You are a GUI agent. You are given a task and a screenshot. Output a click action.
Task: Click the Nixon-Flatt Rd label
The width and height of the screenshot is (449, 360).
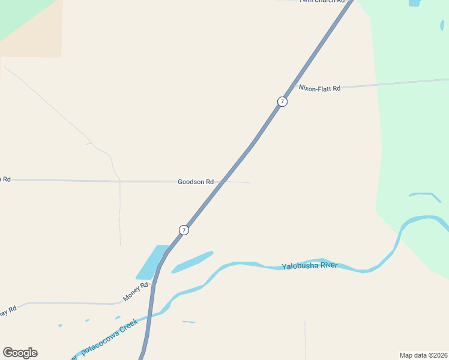319,88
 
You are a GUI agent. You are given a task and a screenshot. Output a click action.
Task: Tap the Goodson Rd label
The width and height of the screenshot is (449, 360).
196,182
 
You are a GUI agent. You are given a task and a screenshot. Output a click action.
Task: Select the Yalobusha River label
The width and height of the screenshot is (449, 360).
310,266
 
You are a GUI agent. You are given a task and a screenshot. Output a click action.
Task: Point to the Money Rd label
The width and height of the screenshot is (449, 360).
135,292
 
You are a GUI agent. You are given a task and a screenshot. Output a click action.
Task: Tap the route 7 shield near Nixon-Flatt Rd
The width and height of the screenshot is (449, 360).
282,101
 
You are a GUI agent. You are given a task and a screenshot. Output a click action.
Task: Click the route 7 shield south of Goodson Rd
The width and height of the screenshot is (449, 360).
184,230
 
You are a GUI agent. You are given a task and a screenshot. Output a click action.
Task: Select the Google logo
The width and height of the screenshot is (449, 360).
20,353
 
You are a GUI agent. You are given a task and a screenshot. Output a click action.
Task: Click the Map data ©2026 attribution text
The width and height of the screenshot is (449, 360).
423,355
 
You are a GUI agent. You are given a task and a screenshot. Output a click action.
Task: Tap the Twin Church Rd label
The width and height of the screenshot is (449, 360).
323,2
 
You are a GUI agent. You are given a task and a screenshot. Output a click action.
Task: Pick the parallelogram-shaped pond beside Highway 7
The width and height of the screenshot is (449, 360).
152,262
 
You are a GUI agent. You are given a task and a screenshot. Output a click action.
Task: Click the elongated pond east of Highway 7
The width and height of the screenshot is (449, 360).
193,262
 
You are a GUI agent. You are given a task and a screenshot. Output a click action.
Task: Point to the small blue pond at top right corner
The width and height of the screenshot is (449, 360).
415,3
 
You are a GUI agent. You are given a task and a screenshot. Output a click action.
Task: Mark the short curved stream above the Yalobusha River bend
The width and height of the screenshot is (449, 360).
426,195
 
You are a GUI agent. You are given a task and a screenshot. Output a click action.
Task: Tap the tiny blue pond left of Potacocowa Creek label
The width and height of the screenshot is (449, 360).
60,326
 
